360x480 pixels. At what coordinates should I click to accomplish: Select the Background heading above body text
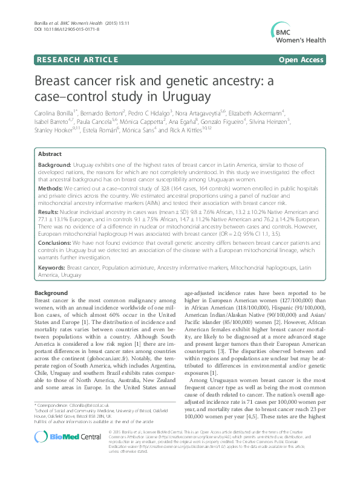51,293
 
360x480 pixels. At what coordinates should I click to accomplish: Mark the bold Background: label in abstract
56,164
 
